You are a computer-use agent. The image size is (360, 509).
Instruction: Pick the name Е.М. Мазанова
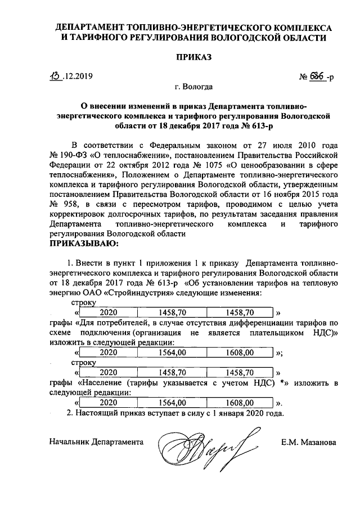point(309,442)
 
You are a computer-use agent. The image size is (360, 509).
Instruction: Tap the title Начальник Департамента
point(96,442)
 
